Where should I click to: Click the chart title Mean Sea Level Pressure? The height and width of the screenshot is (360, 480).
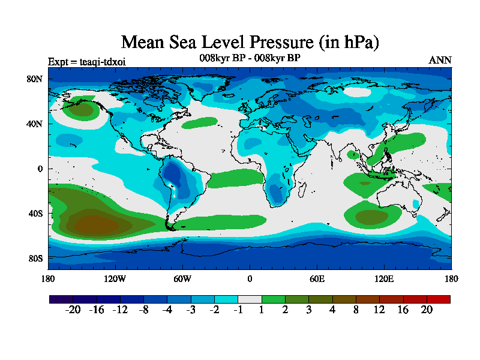coord(250,43)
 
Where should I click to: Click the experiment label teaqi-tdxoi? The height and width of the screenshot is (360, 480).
coord(87,61)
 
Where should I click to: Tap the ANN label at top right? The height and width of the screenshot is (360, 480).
coord(440,60)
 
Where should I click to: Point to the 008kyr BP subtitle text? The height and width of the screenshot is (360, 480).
coord(250,58)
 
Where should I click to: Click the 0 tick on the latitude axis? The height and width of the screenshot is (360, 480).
coord(40,169)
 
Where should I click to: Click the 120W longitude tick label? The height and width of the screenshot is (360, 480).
coord(115,278)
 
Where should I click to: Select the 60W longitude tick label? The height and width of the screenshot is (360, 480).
coord(182,278)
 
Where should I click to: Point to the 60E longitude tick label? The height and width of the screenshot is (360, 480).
coord(317,278)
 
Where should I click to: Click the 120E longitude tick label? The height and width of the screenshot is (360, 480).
coord(384,278)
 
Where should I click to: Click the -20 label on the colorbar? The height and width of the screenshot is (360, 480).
coord(73,310)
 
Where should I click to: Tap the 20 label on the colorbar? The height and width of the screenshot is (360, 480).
coord(427,310)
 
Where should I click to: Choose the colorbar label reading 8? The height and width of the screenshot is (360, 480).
coord(356,310)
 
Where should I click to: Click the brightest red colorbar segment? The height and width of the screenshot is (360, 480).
coord(438,299)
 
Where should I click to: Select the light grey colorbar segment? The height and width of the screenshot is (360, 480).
coord(250,299)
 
